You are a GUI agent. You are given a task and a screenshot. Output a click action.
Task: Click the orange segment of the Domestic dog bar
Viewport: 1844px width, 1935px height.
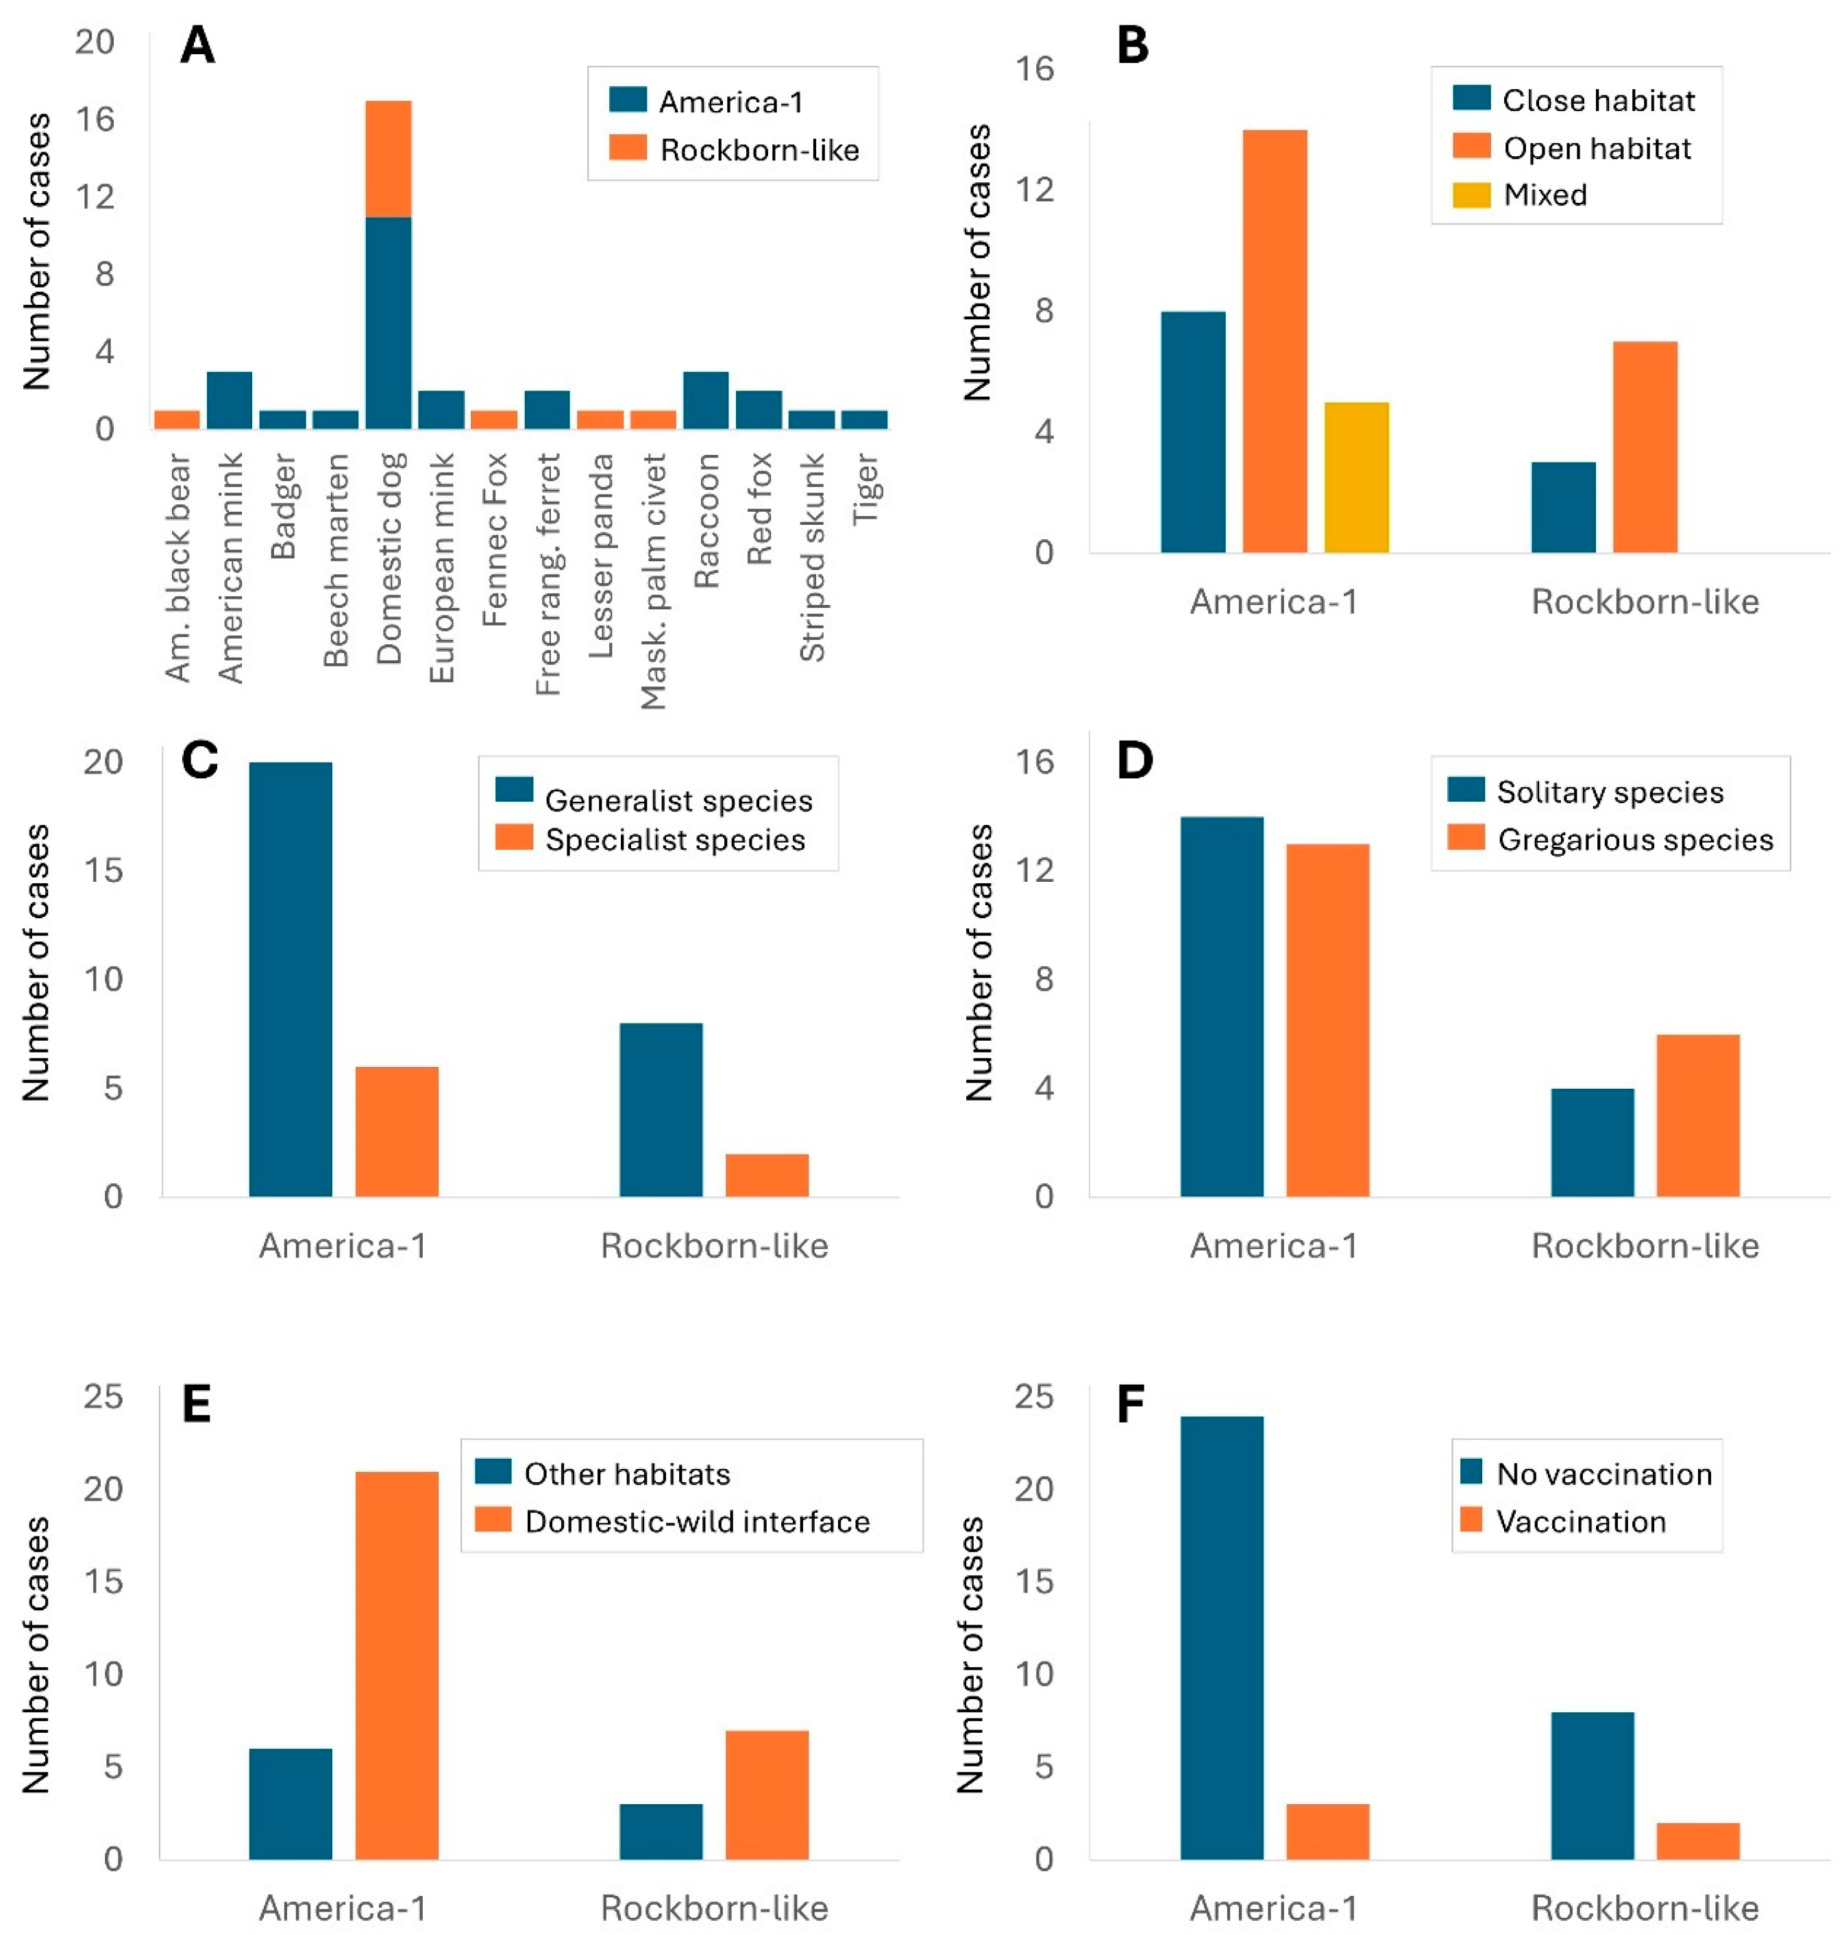[389, 158]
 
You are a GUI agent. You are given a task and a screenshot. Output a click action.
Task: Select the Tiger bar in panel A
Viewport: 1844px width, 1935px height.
[864, 419]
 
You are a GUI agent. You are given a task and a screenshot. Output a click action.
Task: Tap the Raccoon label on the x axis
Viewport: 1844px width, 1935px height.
[706, 521]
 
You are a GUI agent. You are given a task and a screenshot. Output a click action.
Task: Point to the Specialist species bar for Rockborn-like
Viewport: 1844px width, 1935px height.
[767, 1174]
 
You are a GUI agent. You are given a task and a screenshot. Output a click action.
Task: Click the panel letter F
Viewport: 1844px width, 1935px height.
[1131, 1405]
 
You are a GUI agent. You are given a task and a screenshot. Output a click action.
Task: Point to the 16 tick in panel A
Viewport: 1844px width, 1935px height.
[95, 119]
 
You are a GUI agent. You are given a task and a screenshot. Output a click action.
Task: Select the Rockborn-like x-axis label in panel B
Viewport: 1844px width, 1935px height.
[1645, 602]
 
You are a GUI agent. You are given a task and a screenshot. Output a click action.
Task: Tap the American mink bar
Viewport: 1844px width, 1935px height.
[229, 400]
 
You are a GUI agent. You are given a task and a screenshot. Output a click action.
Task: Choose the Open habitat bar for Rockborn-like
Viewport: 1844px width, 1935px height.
[1645, 447]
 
